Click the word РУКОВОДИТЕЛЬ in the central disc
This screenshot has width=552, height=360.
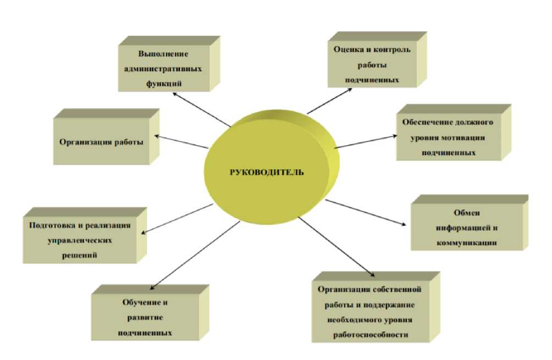(267, 172)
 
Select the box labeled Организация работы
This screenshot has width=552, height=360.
(102, 142)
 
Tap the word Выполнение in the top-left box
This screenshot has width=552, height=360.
(163, 54)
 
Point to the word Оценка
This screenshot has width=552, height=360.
(349, 49)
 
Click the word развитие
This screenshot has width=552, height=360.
(146, 318)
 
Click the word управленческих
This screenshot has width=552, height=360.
(80, 240)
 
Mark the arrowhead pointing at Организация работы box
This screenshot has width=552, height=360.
(157, 135)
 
